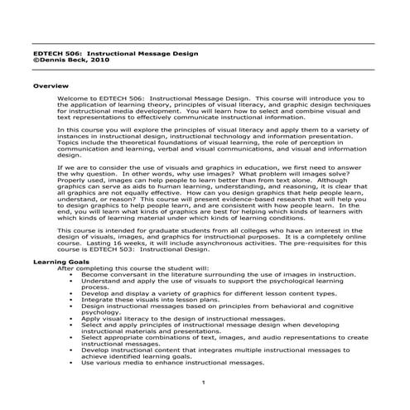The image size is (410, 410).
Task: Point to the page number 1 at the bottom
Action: coord(204,381)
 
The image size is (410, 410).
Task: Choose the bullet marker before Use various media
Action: coord(74,361)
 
